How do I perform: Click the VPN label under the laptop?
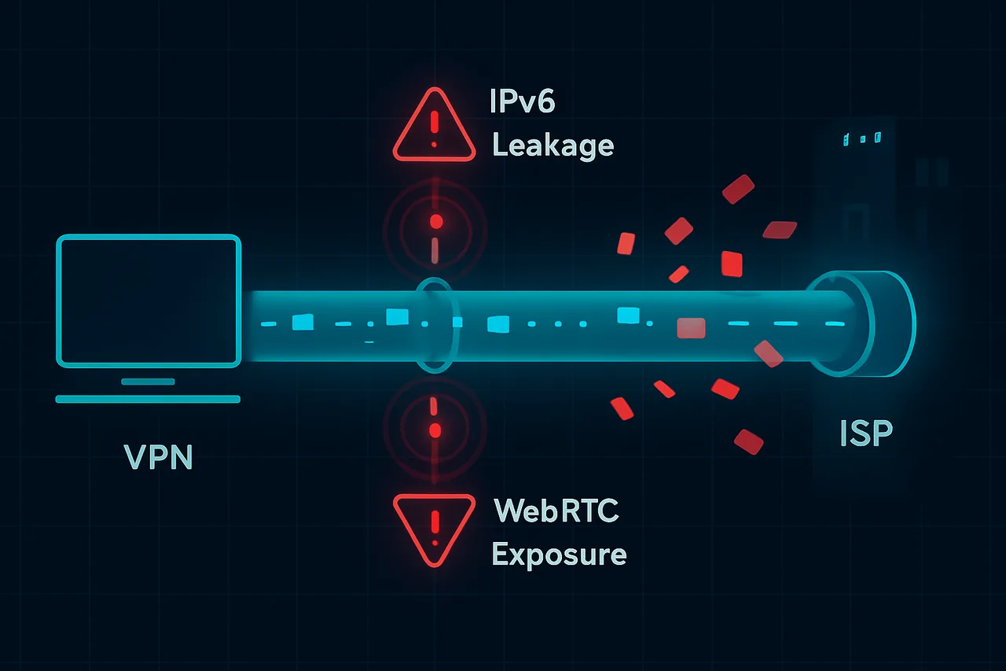click(159, 456)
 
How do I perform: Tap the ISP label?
click(865, 433)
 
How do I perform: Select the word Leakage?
click(553, 145)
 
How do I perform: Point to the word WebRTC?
click(556, 511)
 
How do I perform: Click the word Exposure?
click(559, 554)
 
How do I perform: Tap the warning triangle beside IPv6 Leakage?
click(434, 126)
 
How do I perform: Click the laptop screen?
click(149, 300)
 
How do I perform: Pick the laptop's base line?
click(148, 400)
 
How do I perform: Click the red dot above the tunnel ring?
click(435, 223)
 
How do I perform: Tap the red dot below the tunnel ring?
click(434, 430)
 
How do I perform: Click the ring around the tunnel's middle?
click(435, 323)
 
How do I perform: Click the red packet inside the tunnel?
click(691, 327)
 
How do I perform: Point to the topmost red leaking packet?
click(737, 189)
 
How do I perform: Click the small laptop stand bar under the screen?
click(148, 382)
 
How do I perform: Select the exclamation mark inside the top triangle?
click(434, 127)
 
